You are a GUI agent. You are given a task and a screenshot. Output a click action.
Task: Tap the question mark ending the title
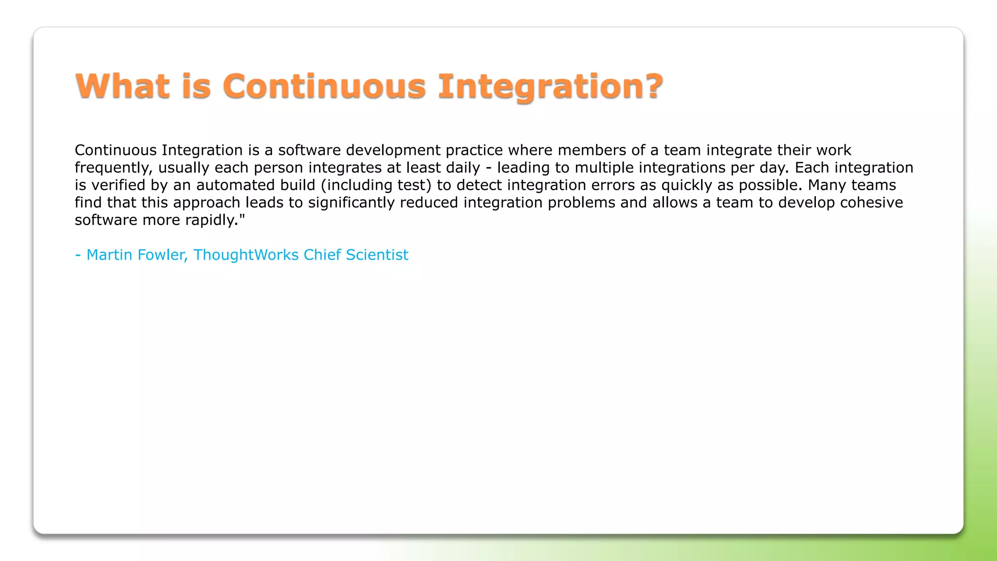pyautogui.click(x=651, y=86)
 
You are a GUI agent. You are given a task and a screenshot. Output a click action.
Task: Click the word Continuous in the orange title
pyautogui.click(x=324, y=86)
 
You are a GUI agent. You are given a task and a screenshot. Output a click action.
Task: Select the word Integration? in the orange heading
pyautogui.click(x=550, y=86)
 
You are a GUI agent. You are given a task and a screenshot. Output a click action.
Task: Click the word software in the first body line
pyautogui.click(x=309, y=150)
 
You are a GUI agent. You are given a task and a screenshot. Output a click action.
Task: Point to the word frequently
pyautogui.click(x=113, y=168)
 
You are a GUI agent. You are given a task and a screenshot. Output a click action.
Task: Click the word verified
pyautogui.click(x=119, y=185)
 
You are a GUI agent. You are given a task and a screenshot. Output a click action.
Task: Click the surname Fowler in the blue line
pyautogui.click(x=161, y=255)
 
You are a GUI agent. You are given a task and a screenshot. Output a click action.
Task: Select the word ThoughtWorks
pyautogui.click(x=246, y=255)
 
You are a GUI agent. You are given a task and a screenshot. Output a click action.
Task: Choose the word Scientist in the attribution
pyautogui.click(x=377, y=255)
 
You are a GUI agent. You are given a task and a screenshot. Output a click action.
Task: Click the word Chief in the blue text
pyautogui.click(x=322, y=255)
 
